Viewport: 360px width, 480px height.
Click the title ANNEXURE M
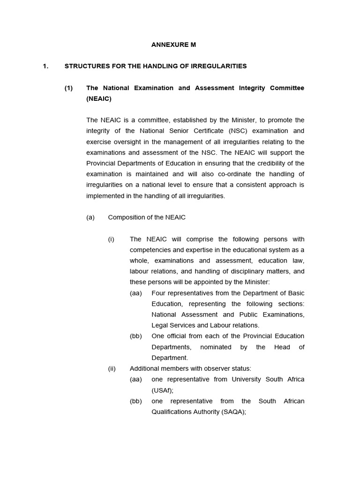[x=173, y=45]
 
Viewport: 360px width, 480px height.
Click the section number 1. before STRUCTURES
[x=45, y=66]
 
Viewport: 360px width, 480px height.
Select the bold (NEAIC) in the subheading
[x=98, y=99]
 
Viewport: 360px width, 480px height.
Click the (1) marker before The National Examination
[x=69, y=88]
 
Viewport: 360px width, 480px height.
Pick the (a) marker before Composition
[x=90, y=217]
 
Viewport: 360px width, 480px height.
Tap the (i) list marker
[x=111, y=239]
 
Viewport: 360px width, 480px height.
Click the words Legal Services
[x=172, y=325]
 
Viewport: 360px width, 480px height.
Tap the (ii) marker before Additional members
[x=112, y=368]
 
